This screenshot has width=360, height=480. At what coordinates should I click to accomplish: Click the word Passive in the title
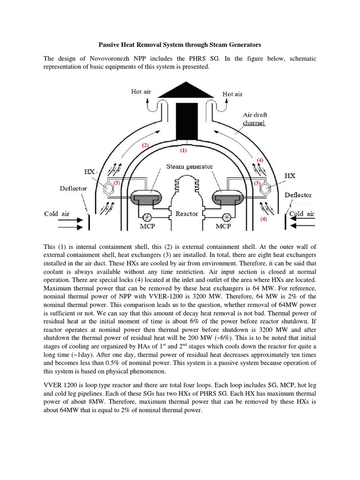coord(111,45)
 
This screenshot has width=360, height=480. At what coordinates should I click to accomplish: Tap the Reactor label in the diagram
coord(187,213)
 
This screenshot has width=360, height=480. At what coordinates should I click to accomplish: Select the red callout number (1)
coord(183,151)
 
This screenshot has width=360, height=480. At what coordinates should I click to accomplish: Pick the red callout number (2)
coord(145,145)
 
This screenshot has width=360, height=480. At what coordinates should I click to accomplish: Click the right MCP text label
coord(224,226)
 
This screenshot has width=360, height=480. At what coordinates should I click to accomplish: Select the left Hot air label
coord(141,92)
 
